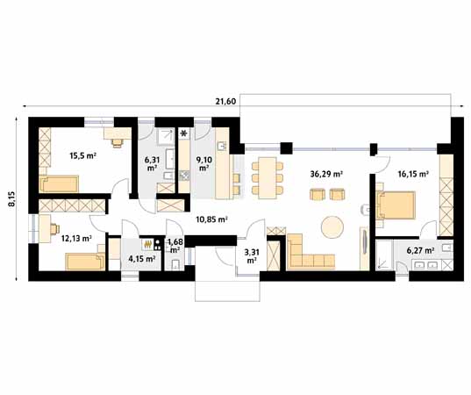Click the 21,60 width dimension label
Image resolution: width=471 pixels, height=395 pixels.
225,102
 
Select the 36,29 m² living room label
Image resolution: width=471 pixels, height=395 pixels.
326,174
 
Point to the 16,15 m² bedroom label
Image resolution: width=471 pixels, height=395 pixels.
413,174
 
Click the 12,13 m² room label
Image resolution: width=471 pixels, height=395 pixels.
76,239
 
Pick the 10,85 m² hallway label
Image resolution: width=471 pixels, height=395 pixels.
211,219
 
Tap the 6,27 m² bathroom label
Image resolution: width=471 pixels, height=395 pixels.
420,250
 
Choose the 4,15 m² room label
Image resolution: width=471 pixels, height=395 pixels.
142,259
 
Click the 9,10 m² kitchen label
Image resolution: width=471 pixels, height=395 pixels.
204,163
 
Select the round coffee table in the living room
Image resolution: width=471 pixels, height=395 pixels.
332,227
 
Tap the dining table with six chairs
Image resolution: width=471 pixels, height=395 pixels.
268,177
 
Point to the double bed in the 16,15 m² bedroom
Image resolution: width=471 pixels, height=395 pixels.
396,205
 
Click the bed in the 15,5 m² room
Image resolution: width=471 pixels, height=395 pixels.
59,184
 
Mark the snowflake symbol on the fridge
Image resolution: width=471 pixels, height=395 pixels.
182,133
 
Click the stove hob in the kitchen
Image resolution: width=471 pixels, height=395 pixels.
184,176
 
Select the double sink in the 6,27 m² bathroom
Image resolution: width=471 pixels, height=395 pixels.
427,265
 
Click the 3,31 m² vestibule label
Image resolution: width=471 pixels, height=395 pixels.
252,256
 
